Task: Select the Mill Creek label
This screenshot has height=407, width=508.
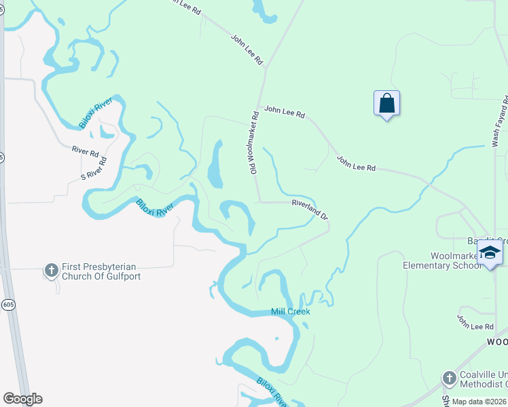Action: click(291, 312)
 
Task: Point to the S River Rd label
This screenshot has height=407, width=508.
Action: click(94, 169)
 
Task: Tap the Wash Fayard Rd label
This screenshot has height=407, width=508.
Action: click(500, 121)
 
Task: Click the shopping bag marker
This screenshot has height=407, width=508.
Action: click(386, 104)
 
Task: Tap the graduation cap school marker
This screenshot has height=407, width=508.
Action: click(489, 253)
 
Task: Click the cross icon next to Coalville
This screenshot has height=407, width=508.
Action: click(449, 378)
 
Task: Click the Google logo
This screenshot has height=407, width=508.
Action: click(22, 399)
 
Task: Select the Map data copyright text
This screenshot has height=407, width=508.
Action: click(479, 402)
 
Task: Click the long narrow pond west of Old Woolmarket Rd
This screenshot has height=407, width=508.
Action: click(215, 164)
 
